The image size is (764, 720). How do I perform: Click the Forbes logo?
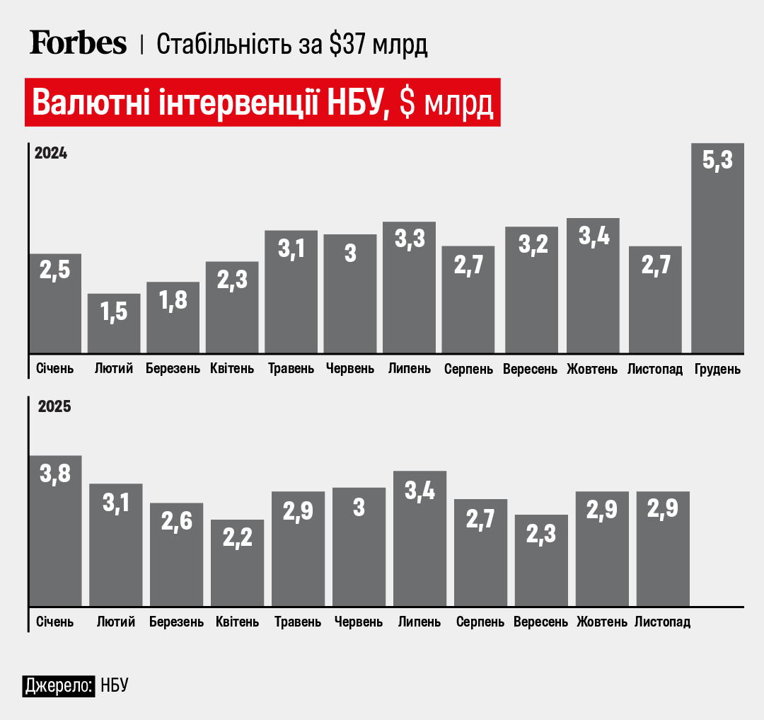click(78, 44)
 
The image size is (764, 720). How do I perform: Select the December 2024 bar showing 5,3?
click(717, 248)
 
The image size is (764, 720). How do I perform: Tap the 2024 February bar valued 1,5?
click(114, 323)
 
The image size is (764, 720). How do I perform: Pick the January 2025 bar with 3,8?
click(55, 531)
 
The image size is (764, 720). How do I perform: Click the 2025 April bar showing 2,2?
click(238, 563)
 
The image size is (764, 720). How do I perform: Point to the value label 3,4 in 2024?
click(593, 236)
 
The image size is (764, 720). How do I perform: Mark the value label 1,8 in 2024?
click(173, 300)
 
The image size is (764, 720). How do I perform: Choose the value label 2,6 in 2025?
click(177, 521)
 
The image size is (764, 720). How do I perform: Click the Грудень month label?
click(717, 370)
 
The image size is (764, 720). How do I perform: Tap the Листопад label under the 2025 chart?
click(662, 622)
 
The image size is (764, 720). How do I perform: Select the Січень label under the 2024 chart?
click(54, 370)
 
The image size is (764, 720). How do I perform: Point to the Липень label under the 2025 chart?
click(419, 622)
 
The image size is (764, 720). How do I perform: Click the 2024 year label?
click(51, 154)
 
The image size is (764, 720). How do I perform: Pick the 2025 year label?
click(54, 407)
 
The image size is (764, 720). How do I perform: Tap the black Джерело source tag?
click(59, 685)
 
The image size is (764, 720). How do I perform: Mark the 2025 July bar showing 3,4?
click(419, 538)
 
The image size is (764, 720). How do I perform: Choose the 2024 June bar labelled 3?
click(350, 293)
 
